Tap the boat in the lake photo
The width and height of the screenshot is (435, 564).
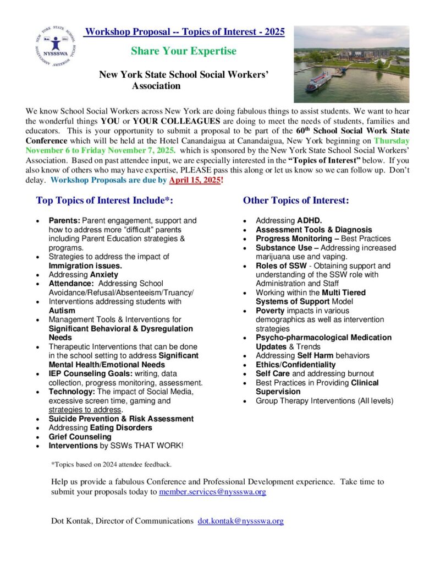coord(318,82)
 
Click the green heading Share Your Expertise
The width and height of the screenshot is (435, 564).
coord(184,51)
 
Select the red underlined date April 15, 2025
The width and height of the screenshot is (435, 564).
coord(194,181)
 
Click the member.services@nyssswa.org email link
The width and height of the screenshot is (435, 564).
coord(212,492)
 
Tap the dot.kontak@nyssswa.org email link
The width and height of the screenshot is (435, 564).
coord(241,520)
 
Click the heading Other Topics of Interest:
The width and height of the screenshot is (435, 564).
coord(296,200)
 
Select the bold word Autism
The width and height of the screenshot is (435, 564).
coord(62,311)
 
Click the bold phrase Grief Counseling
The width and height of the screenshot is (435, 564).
coord(80,437)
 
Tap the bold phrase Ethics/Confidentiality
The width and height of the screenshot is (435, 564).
coord(295,365)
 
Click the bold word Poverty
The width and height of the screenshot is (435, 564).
coord(271,311)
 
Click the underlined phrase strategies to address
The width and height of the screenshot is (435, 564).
coord(84,410)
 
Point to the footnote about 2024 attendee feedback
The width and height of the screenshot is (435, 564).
coord(111,464)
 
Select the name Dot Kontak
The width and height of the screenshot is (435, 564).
coord(69,520)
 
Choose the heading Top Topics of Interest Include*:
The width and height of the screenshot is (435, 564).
coord(104,200)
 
